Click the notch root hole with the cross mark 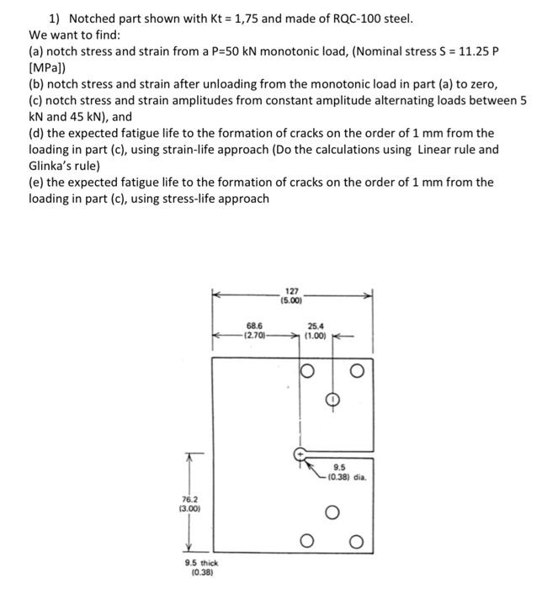pos(299,454)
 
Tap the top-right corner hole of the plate pos(359,371)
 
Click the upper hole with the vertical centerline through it pos(332,398)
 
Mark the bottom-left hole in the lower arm pos(306,541)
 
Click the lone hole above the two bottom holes pos(332,512)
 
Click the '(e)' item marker pos(35,183)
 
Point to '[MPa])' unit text pos(47,68)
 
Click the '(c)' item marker pos(35,100)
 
